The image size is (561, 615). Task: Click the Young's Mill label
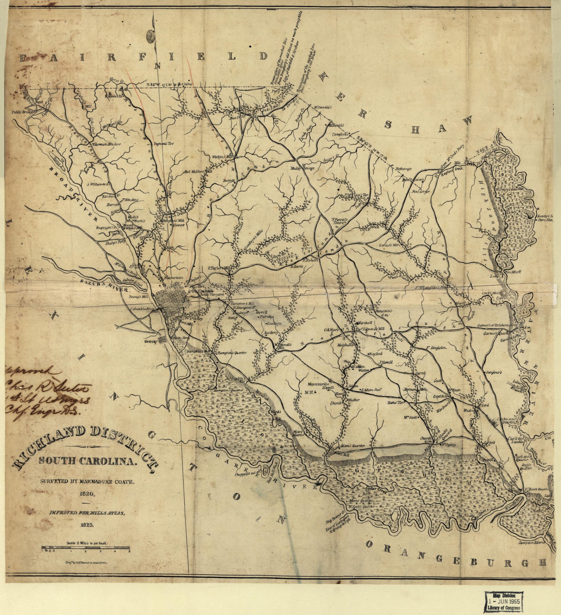point(136,296)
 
